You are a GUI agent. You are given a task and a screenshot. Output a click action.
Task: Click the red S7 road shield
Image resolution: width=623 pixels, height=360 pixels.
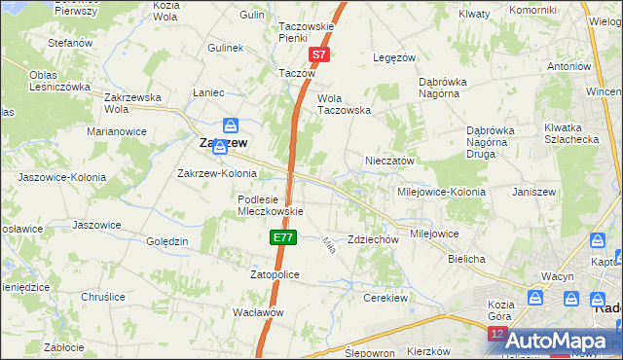[x=320, y=56]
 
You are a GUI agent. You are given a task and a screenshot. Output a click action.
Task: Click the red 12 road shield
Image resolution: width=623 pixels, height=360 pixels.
[x=497, y=335]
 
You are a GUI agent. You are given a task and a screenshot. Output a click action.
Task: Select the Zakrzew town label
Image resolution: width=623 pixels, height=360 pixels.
[x=222, y=142]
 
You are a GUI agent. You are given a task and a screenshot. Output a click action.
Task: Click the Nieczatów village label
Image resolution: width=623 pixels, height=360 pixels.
[x=390, y=161]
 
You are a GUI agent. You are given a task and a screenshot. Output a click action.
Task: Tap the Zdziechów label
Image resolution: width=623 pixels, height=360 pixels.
[x=374, y=239]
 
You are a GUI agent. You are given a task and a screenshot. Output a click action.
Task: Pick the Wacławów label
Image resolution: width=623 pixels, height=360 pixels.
[x=258, y=312]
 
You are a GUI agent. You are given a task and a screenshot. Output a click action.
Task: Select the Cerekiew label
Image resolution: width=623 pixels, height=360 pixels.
[x=383, y=298]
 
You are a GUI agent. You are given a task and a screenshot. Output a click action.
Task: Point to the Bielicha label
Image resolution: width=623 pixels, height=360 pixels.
[x=466, y=260]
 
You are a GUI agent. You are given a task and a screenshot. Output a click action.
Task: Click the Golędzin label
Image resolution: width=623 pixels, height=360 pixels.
[x=166, y=240]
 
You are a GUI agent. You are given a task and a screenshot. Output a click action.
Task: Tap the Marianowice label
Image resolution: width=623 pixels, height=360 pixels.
[x=116, y=130]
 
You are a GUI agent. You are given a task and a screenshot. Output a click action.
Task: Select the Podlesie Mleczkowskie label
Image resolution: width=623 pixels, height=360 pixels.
[x=272, y=205]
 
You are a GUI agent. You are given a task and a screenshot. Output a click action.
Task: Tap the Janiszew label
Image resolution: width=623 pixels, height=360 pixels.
[x=532, y=192]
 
